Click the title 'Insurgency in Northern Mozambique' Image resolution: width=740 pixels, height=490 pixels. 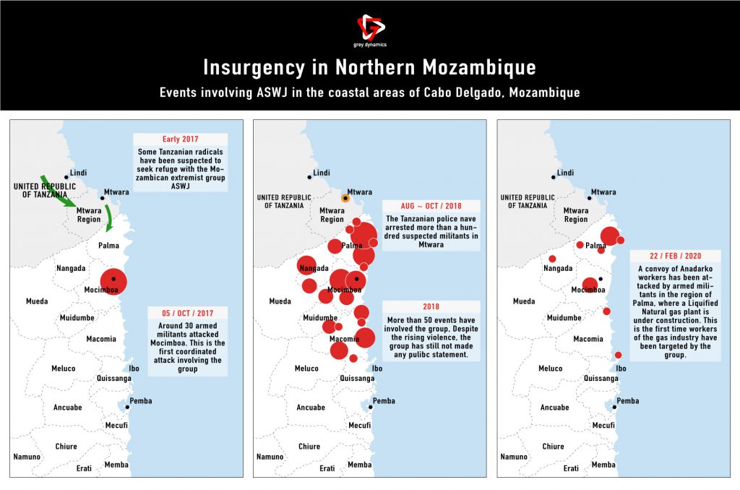coord(369,68)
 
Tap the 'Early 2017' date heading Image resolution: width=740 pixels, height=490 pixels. coord(180,139)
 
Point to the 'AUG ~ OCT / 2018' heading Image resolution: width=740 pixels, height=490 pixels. coord(431,206)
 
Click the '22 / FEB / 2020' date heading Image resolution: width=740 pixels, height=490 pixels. coord(674,257)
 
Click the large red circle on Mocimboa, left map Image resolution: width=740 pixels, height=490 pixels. coord(113,280)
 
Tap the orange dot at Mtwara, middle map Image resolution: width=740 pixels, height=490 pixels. coord(345,197)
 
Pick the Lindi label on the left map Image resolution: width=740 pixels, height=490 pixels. coord(78,173)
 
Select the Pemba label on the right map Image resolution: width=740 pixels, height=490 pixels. coord(627,401)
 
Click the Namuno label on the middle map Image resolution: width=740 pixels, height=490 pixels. coord(270,457)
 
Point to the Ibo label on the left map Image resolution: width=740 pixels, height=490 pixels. coord(134,369)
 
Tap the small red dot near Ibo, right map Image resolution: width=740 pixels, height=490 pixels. coord(619,355)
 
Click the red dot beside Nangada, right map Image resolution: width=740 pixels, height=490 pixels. coord(552,259)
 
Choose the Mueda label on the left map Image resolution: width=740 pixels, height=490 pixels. coord(37,301)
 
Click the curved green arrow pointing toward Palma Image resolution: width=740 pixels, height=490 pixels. coord(109,217)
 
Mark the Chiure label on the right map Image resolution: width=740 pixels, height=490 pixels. coord(553,447)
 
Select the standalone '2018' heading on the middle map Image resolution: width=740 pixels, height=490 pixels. coord(431,306)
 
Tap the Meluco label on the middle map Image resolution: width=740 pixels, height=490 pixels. coord(306,369)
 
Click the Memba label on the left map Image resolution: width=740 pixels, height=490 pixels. coord(116,465)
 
